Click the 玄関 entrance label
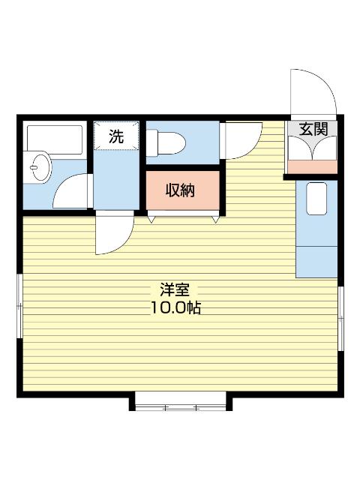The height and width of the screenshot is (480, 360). click(x=313, y=129)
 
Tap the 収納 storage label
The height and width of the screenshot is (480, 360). click(x=180, y=190)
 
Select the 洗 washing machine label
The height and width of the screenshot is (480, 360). click(x=116, y=136)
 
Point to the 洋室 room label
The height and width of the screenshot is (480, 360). click(x=175, y=289)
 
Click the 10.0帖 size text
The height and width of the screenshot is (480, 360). click(x=175, y=307)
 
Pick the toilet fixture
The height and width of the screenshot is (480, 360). click(x=166, y=143)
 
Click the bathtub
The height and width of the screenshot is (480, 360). click(x=55, y=139)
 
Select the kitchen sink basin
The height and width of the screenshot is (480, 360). click(x=316, y=199)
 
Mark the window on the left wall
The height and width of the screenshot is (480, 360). click(x=19, y=306)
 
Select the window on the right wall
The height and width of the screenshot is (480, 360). click(x=340, y=319)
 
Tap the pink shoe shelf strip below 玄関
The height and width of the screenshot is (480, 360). click(x=313, y=166)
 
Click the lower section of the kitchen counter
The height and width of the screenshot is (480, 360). click(x=316, y=262)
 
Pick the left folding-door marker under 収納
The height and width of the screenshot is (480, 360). click(x=151, y=219)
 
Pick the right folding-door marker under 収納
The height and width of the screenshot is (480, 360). click(x=216, y=219)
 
